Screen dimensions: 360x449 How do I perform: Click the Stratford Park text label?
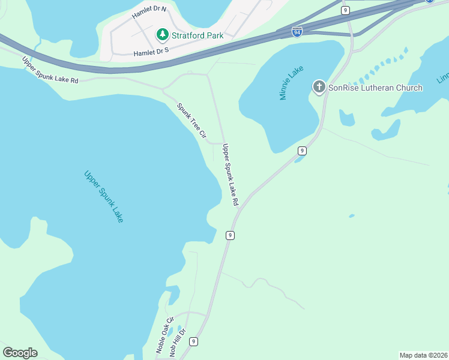pyautogui.click(x=197, y=35)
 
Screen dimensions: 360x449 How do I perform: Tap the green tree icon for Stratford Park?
pyautogui.click(x=162, y=35)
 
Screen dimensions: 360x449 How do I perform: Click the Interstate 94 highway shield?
pyautogui.click(x=297, y=32)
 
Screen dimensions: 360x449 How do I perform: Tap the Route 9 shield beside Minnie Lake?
pyautogui.click(x=302, y=151)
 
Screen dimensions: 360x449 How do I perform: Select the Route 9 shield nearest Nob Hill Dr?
pyautogui.click(x=193, y=341)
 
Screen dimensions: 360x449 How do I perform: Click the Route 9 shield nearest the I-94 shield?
pyautogui.click(x=345, y=10)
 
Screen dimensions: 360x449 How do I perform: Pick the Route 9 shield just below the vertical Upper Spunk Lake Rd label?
pyautogui.click(x=229, y=235)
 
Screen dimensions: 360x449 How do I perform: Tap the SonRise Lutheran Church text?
pyautogui.click(x=375, y=88)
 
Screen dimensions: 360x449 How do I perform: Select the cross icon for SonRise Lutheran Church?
pyautogui.click(x=319, y=88)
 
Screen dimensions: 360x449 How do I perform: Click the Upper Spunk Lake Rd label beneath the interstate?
pyautogui.click(x=50, y=70)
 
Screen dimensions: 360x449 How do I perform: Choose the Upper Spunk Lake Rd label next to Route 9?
pyautogui.click(x=231, y=175)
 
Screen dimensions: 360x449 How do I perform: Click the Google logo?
pyautogui.click(x=20, y=353)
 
